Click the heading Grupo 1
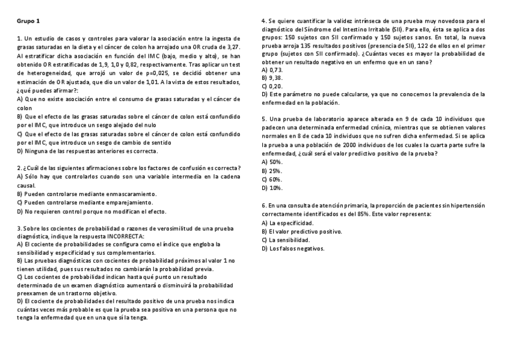[28, 21]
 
